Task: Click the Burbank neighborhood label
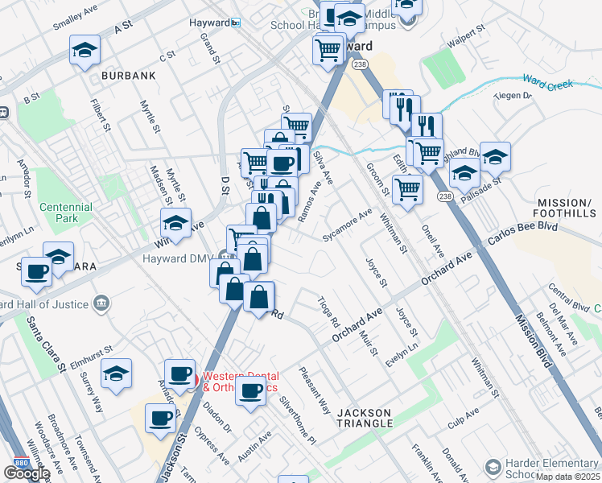pyautogui.click(x=128, y=76)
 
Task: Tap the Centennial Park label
pyautogui.click(x=68, y=213)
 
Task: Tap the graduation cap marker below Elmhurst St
pyautogui.click(x=116, y=374)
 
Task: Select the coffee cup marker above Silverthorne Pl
pyautogui.click(x=251, y=391)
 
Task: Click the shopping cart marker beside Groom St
pyautogui.click(x=407, y=189)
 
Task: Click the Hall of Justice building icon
pyautogui.click(x=101, y=303)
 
